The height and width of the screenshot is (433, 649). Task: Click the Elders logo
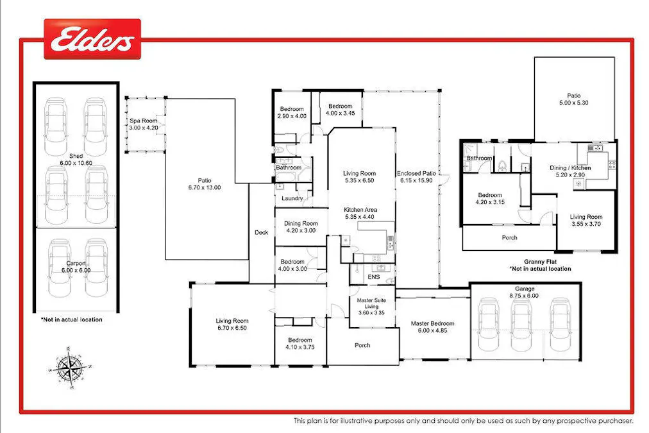click(92, 40)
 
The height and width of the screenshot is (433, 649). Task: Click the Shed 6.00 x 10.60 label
click(76, 159)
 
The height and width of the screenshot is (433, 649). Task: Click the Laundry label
click(292, 199)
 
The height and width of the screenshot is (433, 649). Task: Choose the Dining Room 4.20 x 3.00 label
click(301, 227)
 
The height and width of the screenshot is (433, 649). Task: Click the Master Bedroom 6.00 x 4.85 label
click(432, 327)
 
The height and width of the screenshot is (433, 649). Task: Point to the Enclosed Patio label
click(417, 177)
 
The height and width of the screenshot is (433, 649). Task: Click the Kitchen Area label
click(360, 213)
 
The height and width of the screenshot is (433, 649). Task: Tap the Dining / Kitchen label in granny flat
click(570, 171)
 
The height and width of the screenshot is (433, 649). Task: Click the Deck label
click(262, 232)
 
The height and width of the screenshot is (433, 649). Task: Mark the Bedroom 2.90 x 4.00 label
click(292, 112)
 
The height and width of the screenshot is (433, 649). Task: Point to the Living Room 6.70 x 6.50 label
click(232, 324)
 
